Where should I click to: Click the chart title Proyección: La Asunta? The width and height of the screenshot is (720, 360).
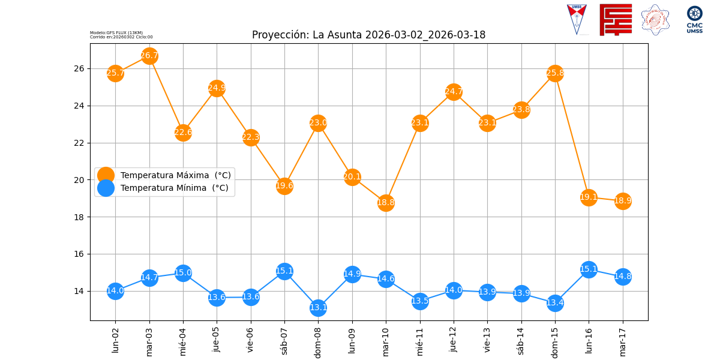click(x=368, y=35)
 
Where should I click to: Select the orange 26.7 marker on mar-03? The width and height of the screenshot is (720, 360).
click(x=149, y=56)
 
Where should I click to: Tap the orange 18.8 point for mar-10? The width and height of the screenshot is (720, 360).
click(x=386, y=202)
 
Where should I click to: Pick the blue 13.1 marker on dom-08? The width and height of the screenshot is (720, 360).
click(x=318, y=308)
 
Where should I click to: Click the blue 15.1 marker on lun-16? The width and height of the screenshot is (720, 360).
click(x=589, y=269)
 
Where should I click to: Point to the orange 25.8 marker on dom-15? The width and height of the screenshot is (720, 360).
click(x=555, y=73)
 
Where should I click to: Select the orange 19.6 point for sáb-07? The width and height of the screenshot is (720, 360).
click(x=284, y=185)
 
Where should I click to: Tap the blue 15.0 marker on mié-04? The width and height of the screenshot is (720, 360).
click(x=183, y=273)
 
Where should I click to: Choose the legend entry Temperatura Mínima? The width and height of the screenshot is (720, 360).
click(x=174, y=188)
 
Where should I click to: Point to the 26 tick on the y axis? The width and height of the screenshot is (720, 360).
click(x=80, y=68)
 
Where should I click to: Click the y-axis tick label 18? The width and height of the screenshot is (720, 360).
click(x=80, y=217)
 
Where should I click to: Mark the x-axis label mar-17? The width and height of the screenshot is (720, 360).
click(x=623, y=340)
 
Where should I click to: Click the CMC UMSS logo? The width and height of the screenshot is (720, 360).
click(x=695, y=19)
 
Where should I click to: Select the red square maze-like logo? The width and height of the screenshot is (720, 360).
click(x=616, y=19)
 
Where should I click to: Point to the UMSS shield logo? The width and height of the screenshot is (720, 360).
click(x=577, y=19)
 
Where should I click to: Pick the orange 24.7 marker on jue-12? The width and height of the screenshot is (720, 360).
click(x=454, y=92)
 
